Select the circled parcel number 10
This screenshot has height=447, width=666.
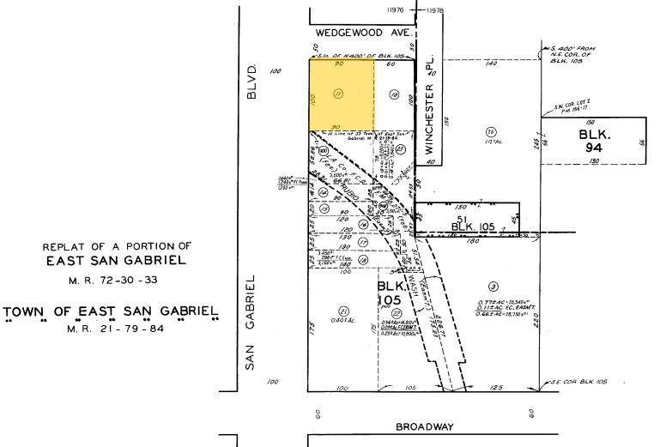click(x=395, y=94)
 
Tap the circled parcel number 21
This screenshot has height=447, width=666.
click(x=343, y=311)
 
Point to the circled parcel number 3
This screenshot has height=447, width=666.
click(x=493, y=286)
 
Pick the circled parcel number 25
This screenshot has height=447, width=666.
click(x=490, y=131)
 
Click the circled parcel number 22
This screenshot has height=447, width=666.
click(x=397, y=314)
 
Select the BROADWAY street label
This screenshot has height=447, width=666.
click(x=424, y=426)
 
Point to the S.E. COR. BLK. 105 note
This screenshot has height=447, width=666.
click(x=584, y=381)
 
